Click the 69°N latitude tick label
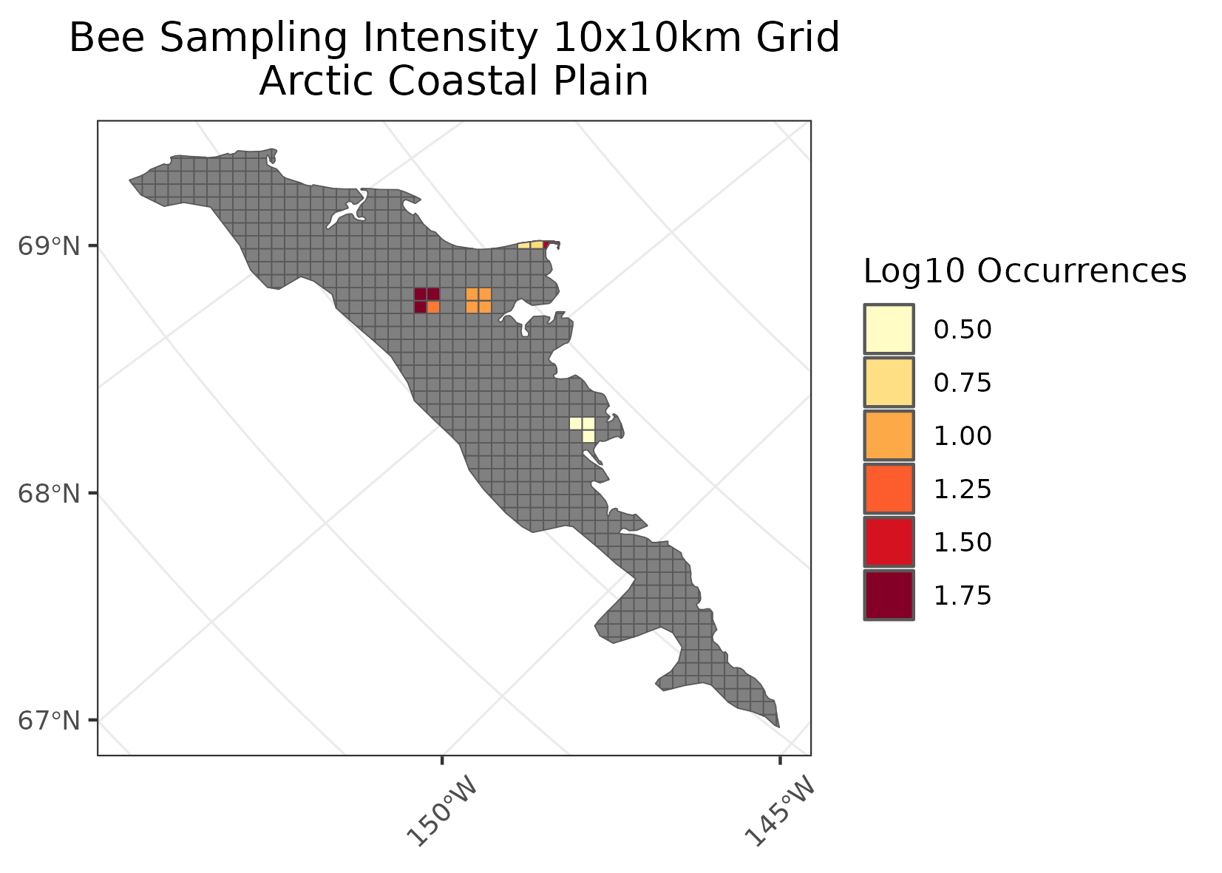pos(47,246)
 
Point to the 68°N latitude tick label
pos(47,493)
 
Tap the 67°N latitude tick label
pos(47,720)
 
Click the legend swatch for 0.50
pos(889,329)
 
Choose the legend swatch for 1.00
pos(889,435)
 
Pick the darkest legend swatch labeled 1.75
pos(889,595)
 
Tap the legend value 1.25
pos(963,489)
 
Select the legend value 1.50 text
pos(963,543)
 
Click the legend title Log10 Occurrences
pos(1025,271)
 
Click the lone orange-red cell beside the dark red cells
pos(433,307)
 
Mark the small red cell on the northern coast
pos(546,245)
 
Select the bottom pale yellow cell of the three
pos(588,436)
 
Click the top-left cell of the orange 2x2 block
pos(472,293)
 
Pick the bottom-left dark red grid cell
pos(420,307)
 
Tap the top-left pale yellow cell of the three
pos(575,424)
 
